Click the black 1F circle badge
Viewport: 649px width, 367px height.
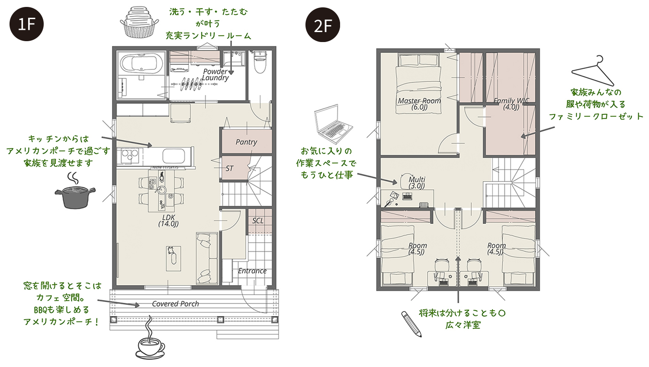click(x=26, y=24)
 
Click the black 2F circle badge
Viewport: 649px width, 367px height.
click(x=323, y=25)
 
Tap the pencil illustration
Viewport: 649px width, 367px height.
click(x=411, y=324)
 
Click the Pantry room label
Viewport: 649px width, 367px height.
click(x=246, y=142)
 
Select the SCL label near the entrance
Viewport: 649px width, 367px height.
click(x=258, y=221)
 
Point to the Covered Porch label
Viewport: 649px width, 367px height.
click(x=175, y=304)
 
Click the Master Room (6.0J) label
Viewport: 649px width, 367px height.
click(x=419, y=104)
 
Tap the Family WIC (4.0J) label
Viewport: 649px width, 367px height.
click(x=511, y=104)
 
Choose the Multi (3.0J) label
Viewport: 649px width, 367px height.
click(x=417, y=182)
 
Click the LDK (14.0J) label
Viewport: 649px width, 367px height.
click(x=168, y=221)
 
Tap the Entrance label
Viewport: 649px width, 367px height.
click(x=252, y=271)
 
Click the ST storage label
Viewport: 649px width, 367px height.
click(x=229, y=169)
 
